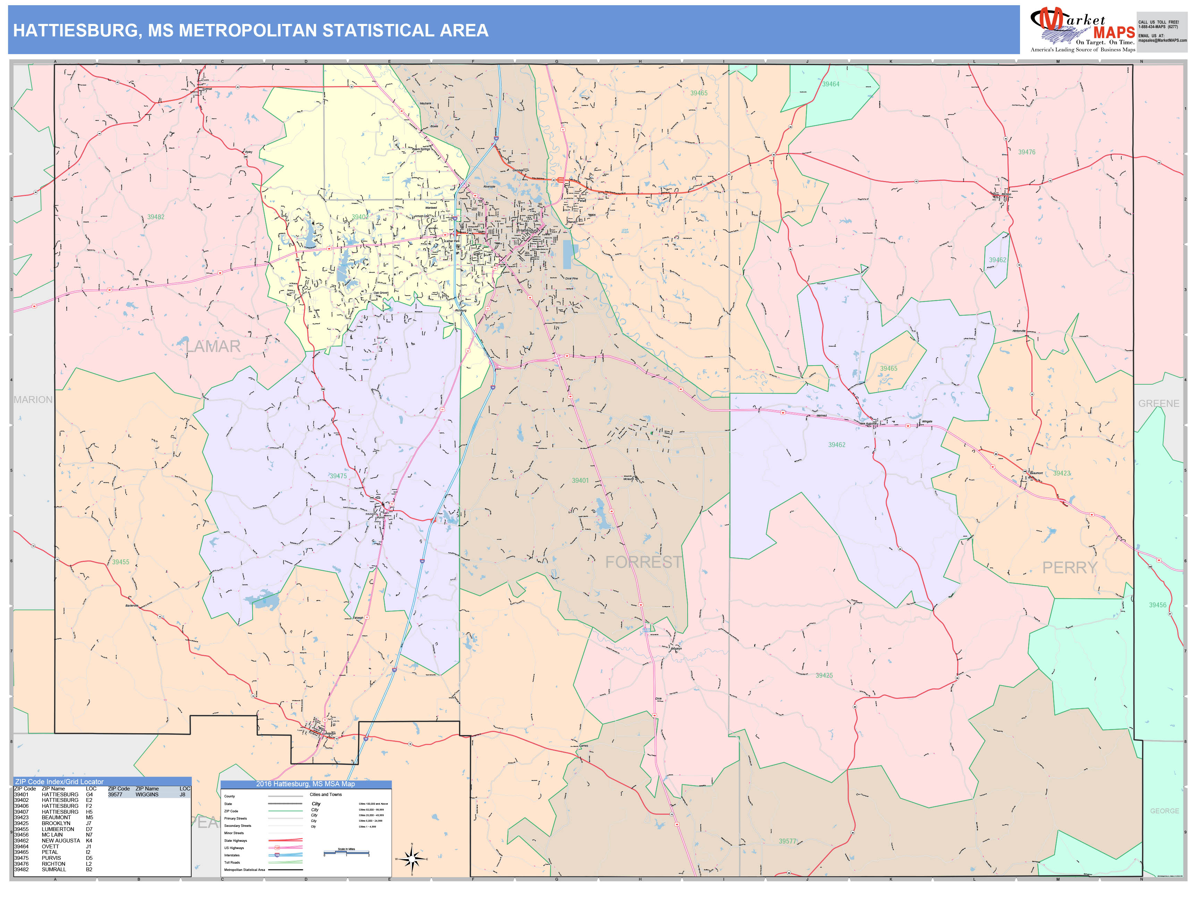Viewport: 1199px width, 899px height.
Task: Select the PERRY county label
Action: pyautogui.click(x=1070, y=567)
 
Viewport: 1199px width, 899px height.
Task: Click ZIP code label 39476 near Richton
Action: pyautogui.click(x=1026, y=152)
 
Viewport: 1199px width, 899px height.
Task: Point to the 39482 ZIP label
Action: pyautogui.click(x=155, y=217)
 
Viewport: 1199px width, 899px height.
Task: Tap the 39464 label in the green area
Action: pyautogui.click(x=831, y=84)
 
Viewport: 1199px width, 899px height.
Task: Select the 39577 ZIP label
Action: pyautogui.click(x=788, y=841)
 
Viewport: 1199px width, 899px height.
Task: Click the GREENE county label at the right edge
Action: pyautogui.click(x=1158, y=403)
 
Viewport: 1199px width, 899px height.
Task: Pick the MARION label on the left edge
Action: pyautogui.click(x=33, y=399)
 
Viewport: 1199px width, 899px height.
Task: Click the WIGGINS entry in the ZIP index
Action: pyautogui.click(x=147, y=794)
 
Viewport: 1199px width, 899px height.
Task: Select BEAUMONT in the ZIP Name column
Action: pyautogui.click(x=56, y=817)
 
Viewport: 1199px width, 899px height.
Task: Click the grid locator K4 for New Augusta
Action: pyautogui.click(x=89, y=840)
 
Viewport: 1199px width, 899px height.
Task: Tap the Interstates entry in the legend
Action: pyautogui.click(x=232, y=855)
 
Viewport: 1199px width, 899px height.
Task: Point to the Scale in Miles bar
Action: pyautogui.click(x=346, y=853)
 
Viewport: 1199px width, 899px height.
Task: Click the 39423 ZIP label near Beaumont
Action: pyautogui.click(x=1061, y=473)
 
